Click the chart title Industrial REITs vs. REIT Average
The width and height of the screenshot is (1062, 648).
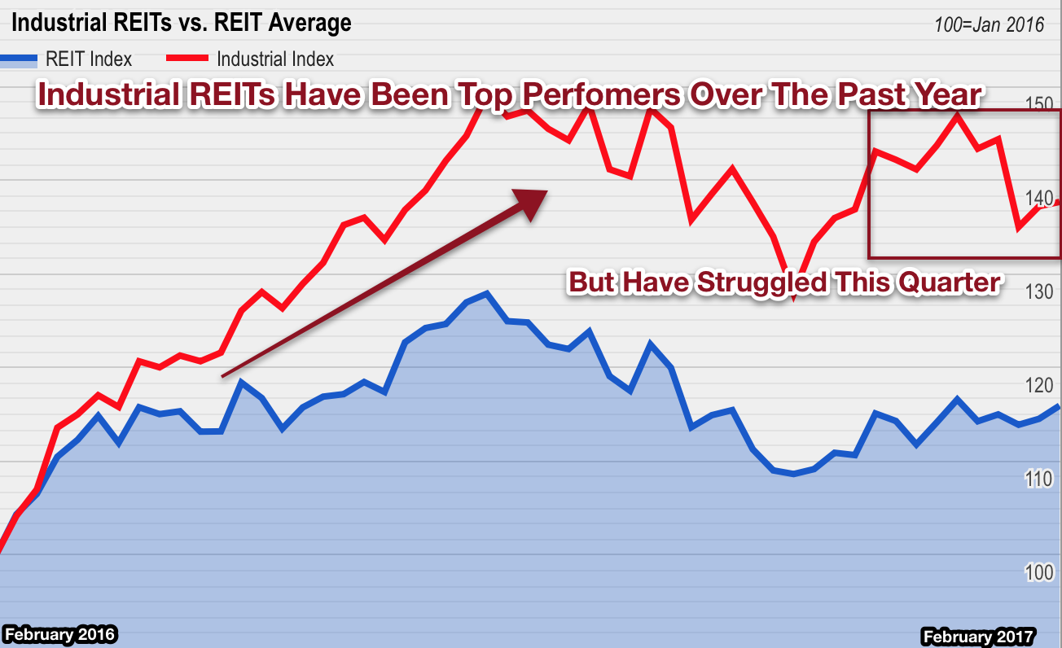click(x=181, y=23)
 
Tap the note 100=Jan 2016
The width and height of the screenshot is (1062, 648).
click(x=989, y=24)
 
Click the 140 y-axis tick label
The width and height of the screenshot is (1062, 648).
click(x=1038, y=198)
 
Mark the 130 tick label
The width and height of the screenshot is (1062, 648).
click(x=1038, y=291)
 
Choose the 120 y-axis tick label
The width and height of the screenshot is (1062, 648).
click(x=1038, y=385)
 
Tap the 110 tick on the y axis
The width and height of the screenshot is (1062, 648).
click(x=1038, y=479)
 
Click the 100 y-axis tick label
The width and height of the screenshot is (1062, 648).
click(x=1038, y=572)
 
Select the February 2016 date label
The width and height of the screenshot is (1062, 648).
click(x=59, y=634)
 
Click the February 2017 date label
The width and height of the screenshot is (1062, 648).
click(x=977, y=636)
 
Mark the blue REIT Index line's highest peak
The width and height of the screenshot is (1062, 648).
click(x=486, y=293)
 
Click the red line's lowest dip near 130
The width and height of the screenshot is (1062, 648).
click(x=793, y=299)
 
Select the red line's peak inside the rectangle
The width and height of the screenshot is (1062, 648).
click(x=957, y=116)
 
